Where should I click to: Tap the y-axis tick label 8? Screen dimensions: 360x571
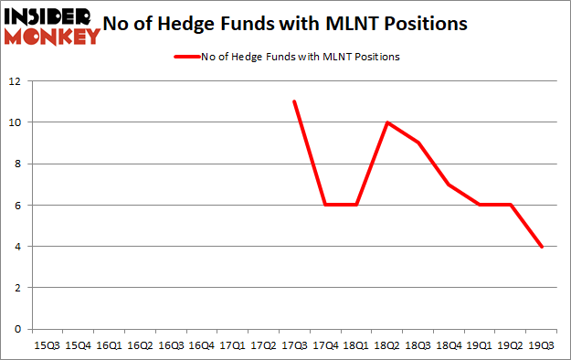[x=17, y=164]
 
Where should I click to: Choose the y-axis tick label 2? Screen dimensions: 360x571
[x=17, y=288]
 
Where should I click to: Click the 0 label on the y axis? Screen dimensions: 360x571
[x=17, y=329]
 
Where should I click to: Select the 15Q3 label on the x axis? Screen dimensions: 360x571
[x=47, y=346]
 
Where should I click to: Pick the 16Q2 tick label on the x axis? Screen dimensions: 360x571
[x=139, y=346]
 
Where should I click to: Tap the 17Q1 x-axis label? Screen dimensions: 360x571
[x=232, y=346]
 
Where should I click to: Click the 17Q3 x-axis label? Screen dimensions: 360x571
[x=294, y=346]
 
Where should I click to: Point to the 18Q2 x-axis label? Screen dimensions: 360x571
[x=387, y=346]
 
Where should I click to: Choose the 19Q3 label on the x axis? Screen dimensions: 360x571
[x=542, y=346]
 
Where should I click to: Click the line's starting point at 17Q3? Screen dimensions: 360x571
[x=294, y=101]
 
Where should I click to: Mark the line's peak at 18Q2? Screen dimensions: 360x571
[x=387, y=122]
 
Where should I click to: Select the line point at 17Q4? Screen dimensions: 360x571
[x=325, y=205]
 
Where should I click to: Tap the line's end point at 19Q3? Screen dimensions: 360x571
[x=542, y=246]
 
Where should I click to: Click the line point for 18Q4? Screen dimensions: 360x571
[x=449, y=185]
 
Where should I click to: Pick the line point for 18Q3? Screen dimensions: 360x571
[x=418, y=143]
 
